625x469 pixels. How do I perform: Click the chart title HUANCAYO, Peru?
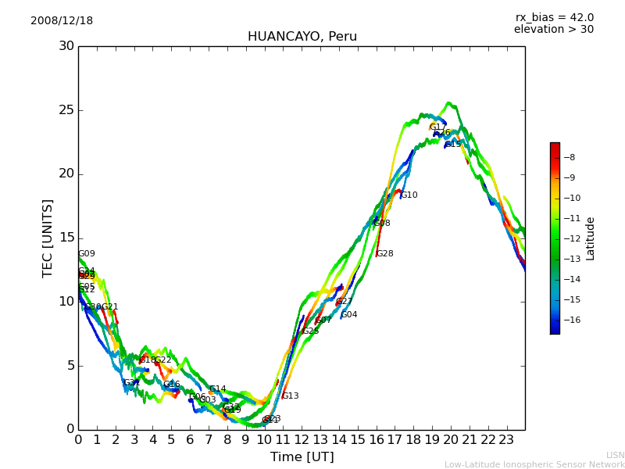(x=302, y=37)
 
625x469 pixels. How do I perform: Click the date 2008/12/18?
(x=62, y=21)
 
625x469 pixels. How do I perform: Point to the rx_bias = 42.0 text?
(x=554, y=18)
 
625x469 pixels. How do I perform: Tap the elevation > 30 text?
(x=553, y=30)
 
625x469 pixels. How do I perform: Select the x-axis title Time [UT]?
(x=302, y=457)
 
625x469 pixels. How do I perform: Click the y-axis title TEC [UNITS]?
(x=48, y=238)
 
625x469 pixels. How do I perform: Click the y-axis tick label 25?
(x=66, y=110)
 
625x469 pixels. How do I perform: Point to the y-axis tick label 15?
(x=66, y=238)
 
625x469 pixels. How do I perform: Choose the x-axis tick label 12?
(x=302, y=439)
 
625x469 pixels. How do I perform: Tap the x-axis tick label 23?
(x=506, y=439)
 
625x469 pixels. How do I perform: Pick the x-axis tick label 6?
(x=190, y=439)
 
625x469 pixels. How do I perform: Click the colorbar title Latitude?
(x=591, y=238)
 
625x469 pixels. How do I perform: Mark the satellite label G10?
(x=409, y=195)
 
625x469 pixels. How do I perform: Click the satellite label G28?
(x=384, y=254)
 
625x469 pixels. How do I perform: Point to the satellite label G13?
(x=290, y=396)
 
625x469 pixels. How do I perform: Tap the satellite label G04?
(x=348, y=315)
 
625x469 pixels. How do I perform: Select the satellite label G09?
(x=87, y=254)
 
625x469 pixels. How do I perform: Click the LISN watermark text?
(x=615, y=455)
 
